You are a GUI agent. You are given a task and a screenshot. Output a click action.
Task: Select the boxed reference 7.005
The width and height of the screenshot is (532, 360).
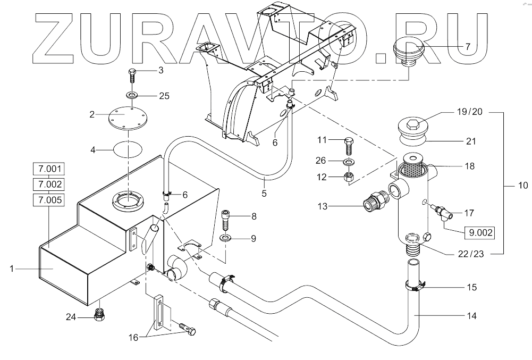click(49, 200)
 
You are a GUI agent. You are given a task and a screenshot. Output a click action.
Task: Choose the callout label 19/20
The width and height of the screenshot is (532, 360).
click(470, 113)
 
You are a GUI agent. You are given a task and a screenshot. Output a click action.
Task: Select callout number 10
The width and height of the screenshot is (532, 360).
click(523, 186)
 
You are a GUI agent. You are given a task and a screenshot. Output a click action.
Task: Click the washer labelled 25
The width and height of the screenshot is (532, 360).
click(131, 96)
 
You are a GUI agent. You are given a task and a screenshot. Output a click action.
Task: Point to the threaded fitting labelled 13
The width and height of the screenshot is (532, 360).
click(376, 203)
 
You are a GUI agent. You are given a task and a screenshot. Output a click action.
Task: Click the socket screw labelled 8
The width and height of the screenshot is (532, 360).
click(225, 219)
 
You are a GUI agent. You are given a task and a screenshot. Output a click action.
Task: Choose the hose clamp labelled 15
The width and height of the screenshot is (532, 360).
click(415, 287)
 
